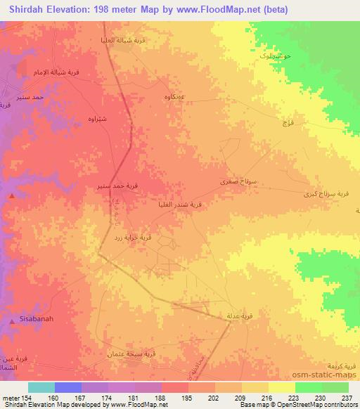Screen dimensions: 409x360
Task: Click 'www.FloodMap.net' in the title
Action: [214, 9]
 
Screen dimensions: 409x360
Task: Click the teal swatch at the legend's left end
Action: [41, 387]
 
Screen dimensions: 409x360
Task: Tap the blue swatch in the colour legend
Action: [68, 387]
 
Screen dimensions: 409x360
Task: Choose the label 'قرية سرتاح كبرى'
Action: [323, 193]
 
